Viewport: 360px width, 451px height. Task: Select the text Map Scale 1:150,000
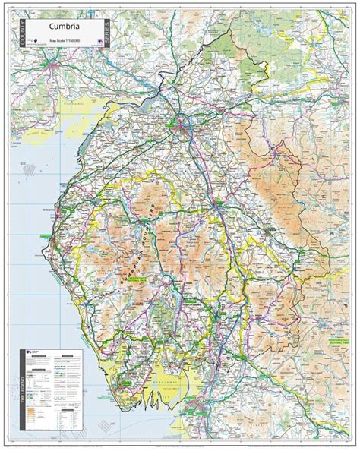tap(71, 41)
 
